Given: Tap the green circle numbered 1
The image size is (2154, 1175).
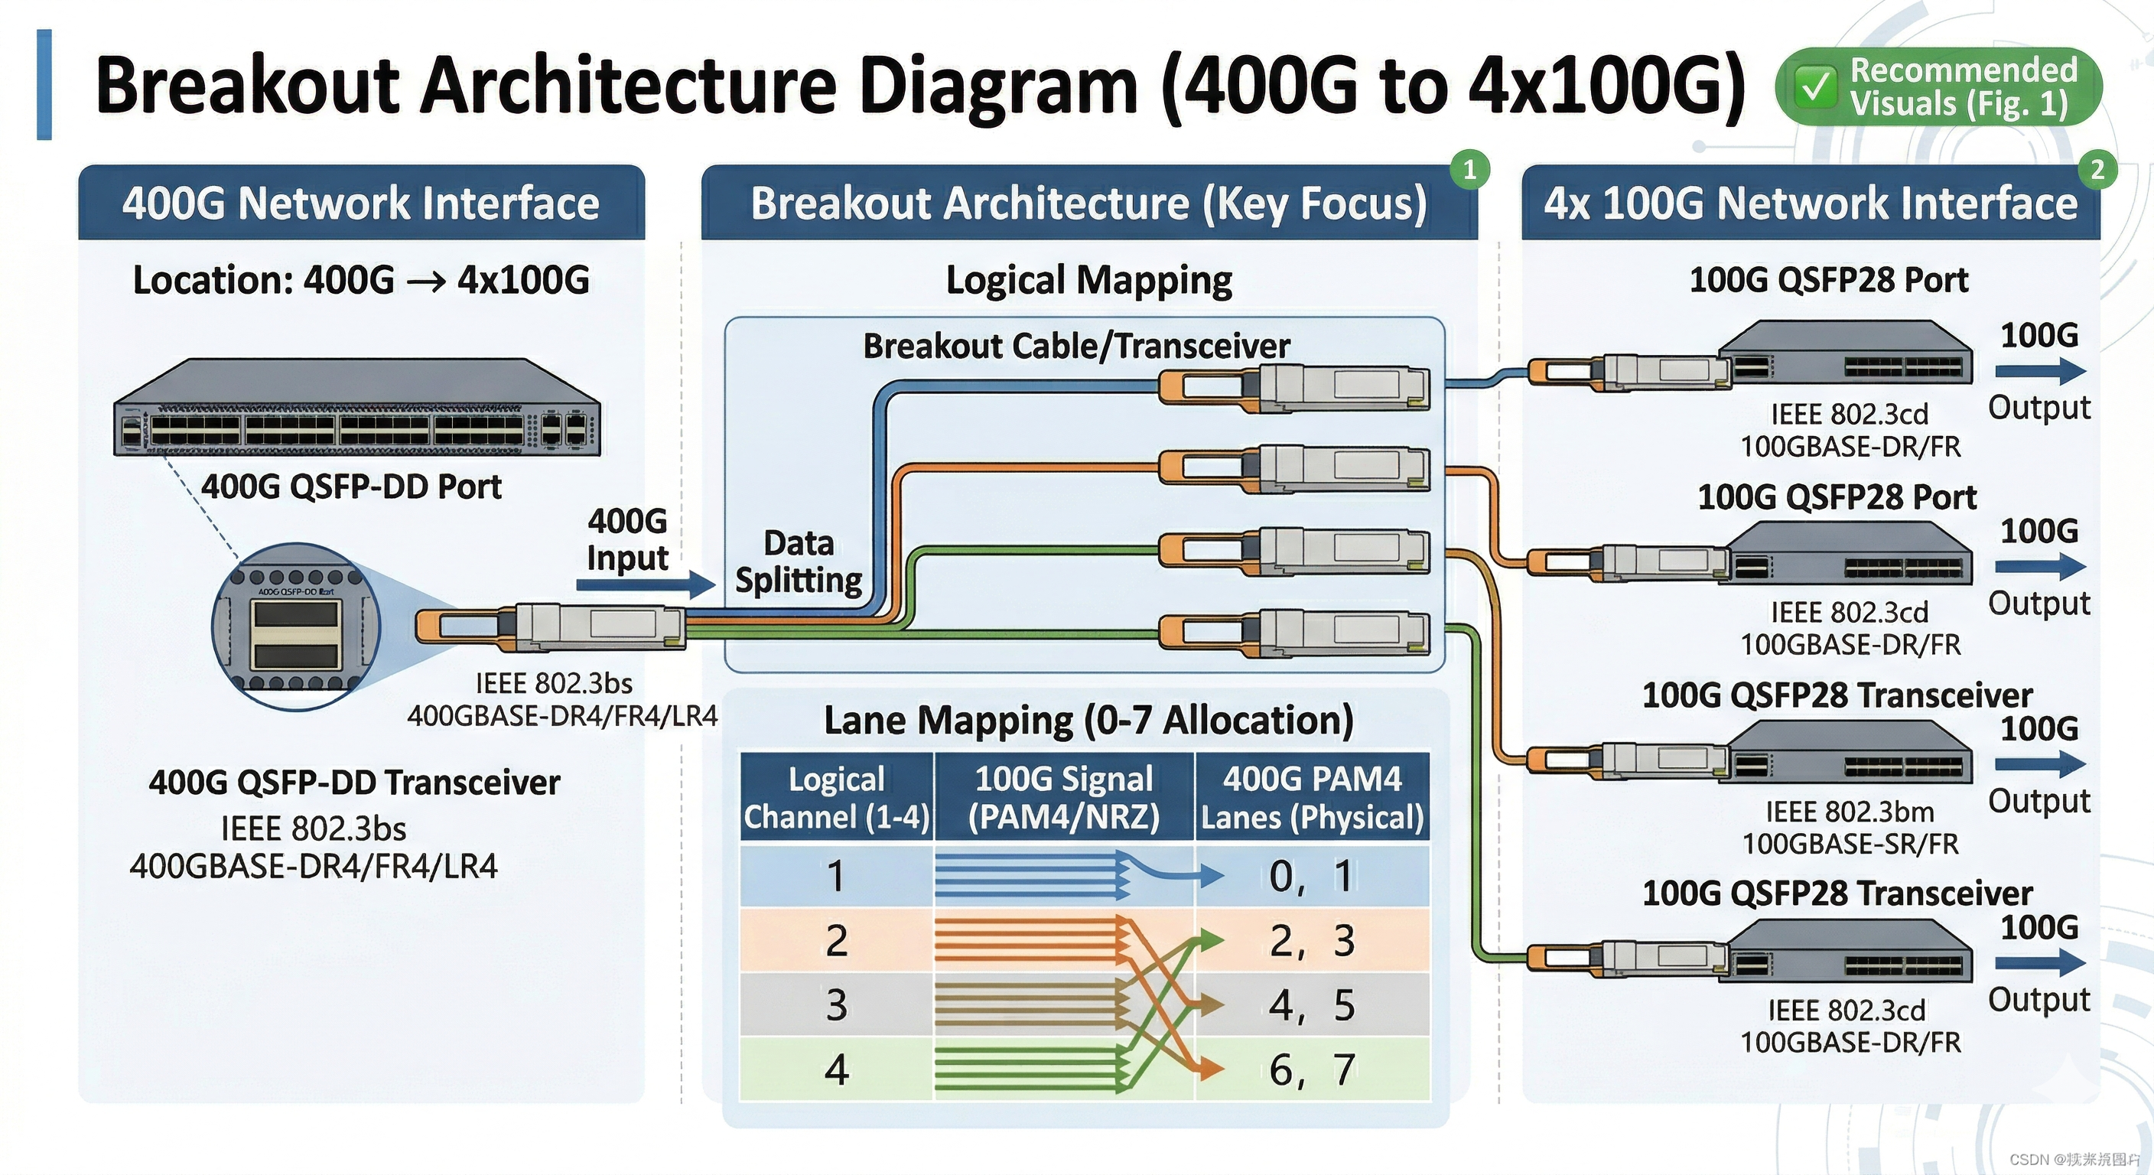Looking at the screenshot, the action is pos(1469,170).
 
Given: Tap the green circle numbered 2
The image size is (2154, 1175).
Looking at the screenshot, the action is pos(2097,170).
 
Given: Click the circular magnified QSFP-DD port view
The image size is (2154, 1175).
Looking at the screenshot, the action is pos(296,627).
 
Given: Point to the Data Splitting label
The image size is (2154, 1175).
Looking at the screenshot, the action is pos(799,561).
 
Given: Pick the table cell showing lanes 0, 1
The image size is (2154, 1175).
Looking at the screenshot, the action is pos(1311,876).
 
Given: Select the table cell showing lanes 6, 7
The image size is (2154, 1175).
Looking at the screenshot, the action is pos(1311,1069).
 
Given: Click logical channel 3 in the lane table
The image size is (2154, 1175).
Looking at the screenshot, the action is pos(836,1004).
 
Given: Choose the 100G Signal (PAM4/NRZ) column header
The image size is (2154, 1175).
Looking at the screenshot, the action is pos(1064,797).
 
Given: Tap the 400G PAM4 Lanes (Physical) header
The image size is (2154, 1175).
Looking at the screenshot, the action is pos(1312,797).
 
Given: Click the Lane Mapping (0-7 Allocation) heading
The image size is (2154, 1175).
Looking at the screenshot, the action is pos(1088,720).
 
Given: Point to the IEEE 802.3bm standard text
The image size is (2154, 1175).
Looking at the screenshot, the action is pos(1850,811).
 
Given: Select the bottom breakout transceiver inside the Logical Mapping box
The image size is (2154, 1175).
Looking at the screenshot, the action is pos(1294,633).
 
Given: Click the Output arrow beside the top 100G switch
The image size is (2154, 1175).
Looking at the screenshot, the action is pos(2038,371).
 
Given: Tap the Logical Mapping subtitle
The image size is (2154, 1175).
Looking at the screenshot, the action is pos(1088,280).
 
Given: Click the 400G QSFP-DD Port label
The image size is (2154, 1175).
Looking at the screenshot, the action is pos(351,487).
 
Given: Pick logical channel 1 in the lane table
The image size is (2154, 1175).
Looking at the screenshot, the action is pos(836,876).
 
